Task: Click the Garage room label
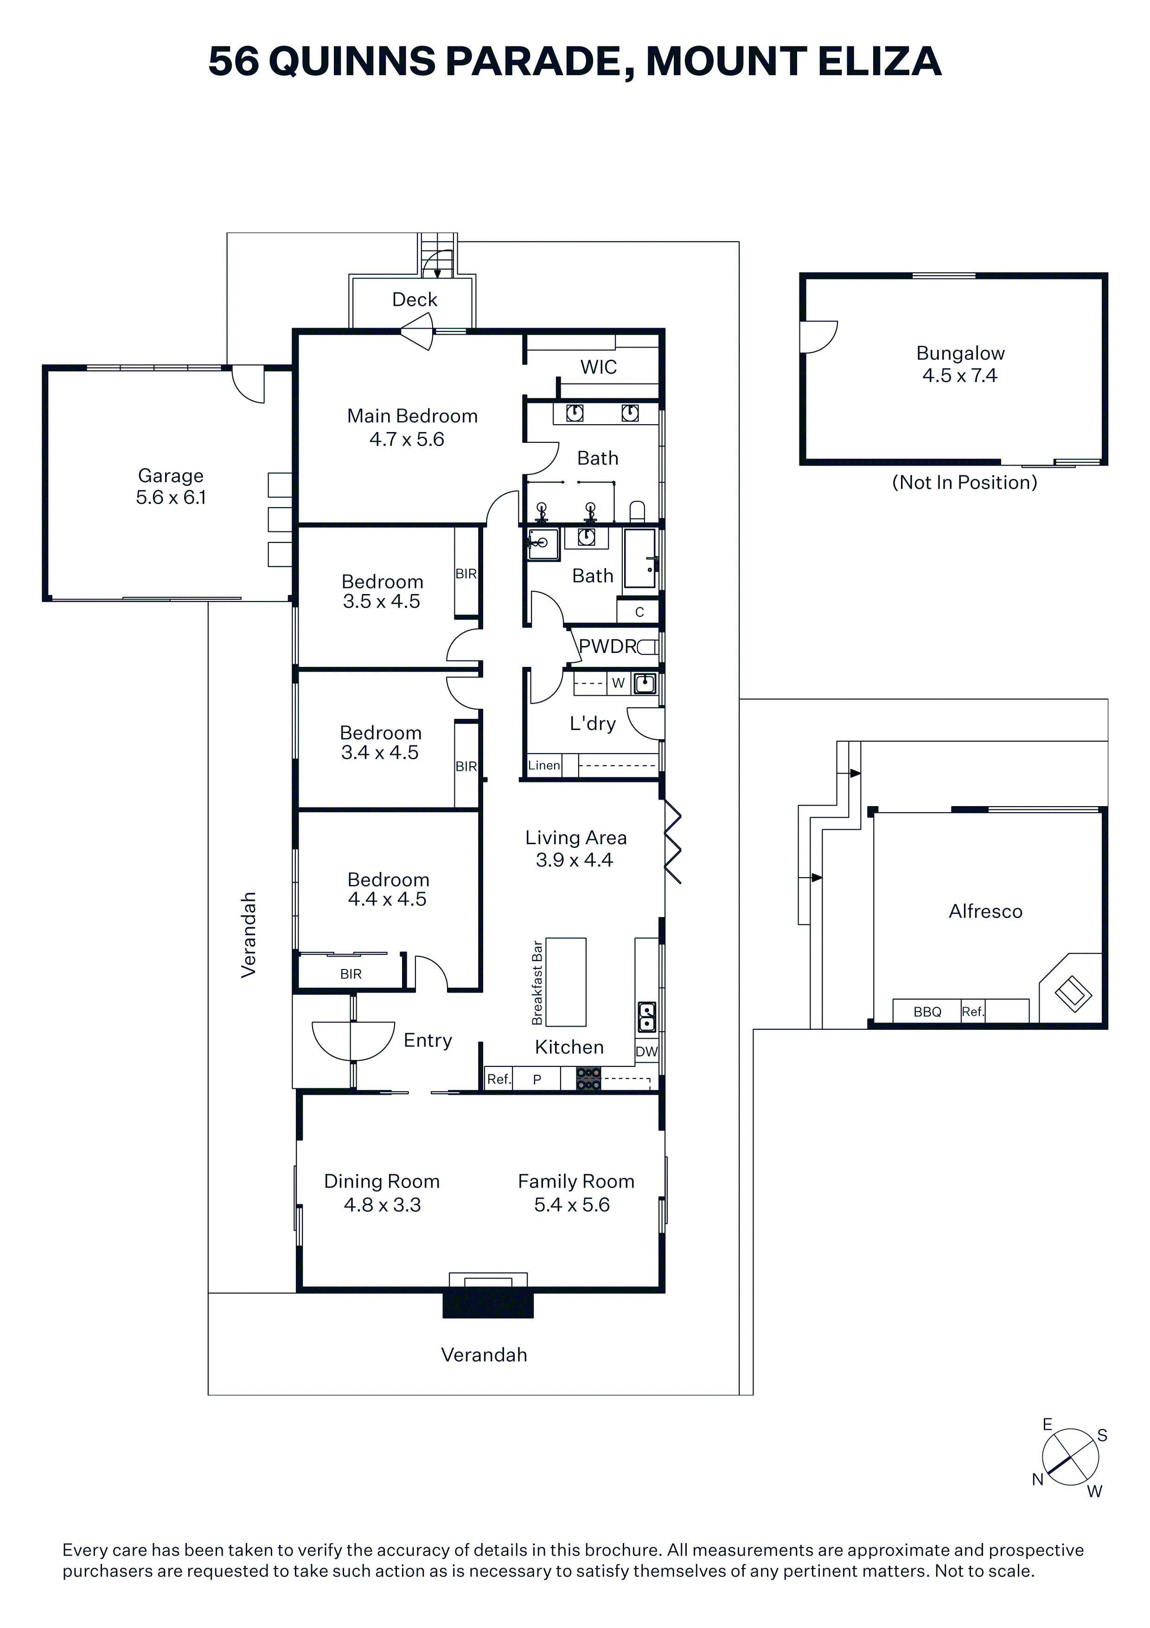171,475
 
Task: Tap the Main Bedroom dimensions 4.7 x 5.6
407,439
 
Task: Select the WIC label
599,367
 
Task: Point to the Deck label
415,299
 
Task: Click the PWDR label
608,646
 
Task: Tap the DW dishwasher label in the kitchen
646,1052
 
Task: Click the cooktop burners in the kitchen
588,1079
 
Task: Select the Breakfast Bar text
537,983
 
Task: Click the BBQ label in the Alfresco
927,1012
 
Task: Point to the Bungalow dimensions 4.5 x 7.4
960,376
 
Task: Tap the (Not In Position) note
965,482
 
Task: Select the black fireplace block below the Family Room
487,1303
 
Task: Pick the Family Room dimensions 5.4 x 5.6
572,1205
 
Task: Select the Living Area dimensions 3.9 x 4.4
575,860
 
